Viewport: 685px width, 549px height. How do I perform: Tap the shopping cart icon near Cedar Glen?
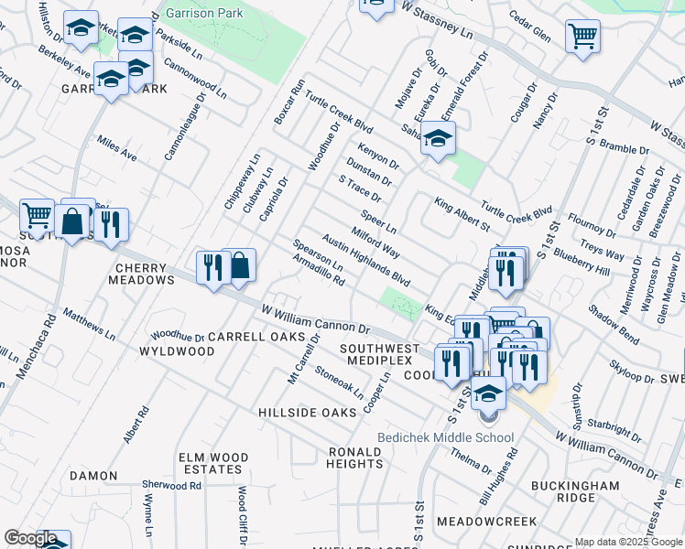coord(582,38)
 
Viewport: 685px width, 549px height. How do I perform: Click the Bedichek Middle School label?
coord(446,437)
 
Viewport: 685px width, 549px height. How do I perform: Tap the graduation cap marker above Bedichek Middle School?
coord(489,393)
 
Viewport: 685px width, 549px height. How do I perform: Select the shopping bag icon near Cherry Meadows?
coord(239,266)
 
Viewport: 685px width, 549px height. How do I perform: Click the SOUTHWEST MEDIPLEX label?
coord(379,356)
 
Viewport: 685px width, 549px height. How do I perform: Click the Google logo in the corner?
coord(30,538)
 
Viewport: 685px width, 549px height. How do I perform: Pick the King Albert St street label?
coord(462,214)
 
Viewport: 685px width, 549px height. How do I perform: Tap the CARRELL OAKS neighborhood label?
coord(256,337)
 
